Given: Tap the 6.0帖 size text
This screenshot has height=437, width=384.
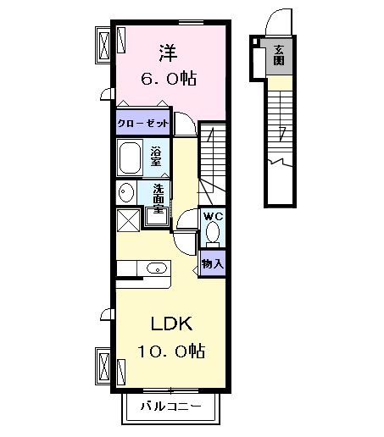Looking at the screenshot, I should click(x=167, y=79).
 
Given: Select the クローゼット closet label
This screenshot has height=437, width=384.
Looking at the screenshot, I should click(x=143, y=123).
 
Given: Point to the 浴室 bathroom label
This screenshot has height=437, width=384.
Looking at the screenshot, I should click(x=156, y=158).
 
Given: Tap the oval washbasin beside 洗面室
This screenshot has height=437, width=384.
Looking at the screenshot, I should click(x=125, y=191).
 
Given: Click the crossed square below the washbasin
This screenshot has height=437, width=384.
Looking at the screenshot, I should click(x=129, y=218).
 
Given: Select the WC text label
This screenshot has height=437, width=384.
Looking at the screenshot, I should click(x=212, y=216).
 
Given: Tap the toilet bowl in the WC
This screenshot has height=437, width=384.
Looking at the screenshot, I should click(x=213, y=231).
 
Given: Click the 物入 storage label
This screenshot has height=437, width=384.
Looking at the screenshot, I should click(x=213, y=263).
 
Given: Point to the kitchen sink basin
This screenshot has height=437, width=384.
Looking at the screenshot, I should click(x=156, y=268).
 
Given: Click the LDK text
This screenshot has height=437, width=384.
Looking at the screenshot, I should click(x=173, y=324).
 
